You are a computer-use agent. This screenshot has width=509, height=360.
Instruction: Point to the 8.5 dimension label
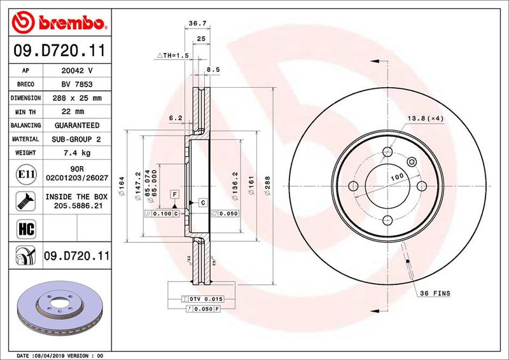click(213, 70)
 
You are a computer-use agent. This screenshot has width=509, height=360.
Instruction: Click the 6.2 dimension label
click(176, 118)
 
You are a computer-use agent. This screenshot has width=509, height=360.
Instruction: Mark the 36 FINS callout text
click(435, 293)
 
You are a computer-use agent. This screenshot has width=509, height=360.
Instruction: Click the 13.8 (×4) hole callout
click(424, 119)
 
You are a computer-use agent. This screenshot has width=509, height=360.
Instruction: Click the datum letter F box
click(173, 193)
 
